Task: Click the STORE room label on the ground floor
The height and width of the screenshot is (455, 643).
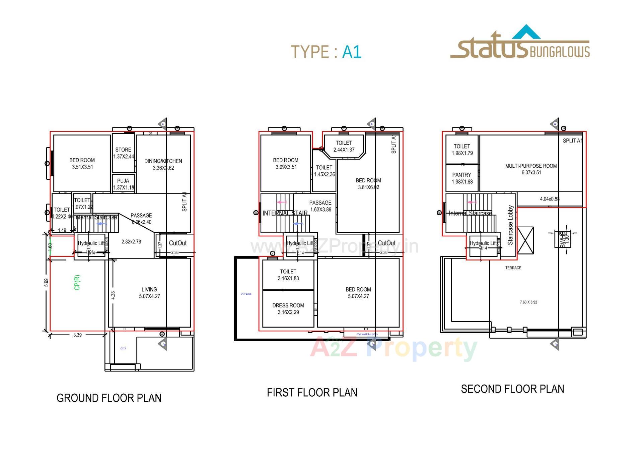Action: point(123,150)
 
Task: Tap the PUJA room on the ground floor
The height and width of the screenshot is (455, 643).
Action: point(123,181)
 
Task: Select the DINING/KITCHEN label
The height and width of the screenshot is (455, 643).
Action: point(163,161)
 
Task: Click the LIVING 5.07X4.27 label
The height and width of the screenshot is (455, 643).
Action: point(149,293)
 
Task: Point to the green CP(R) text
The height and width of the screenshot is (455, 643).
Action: point(77,282)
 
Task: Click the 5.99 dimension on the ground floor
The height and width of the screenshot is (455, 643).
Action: point(47,282)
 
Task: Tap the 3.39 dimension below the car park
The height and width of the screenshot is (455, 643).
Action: point(77,335)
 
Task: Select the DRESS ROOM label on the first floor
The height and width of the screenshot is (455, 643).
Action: point(288,305)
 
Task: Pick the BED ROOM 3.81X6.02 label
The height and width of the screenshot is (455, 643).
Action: point(368,184)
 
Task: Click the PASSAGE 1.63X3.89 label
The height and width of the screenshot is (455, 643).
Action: point(320,206)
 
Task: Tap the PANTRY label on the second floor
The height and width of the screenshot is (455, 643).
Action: point(461,175)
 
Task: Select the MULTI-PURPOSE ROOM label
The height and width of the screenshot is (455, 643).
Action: point(531,166)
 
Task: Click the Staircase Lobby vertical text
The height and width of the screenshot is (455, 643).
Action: point(510,225)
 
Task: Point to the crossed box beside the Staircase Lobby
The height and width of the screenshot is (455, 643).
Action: point(525,240)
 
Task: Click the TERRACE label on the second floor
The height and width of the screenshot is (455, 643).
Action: point(513,268)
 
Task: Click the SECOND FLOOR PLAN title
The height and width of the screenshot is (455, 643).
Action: point(512,389)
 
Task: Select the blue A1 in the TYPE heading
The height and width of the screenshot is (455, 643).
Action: point(352,52)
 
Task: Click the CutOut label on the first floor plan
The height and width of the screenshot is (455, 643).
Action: point(386,243)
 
